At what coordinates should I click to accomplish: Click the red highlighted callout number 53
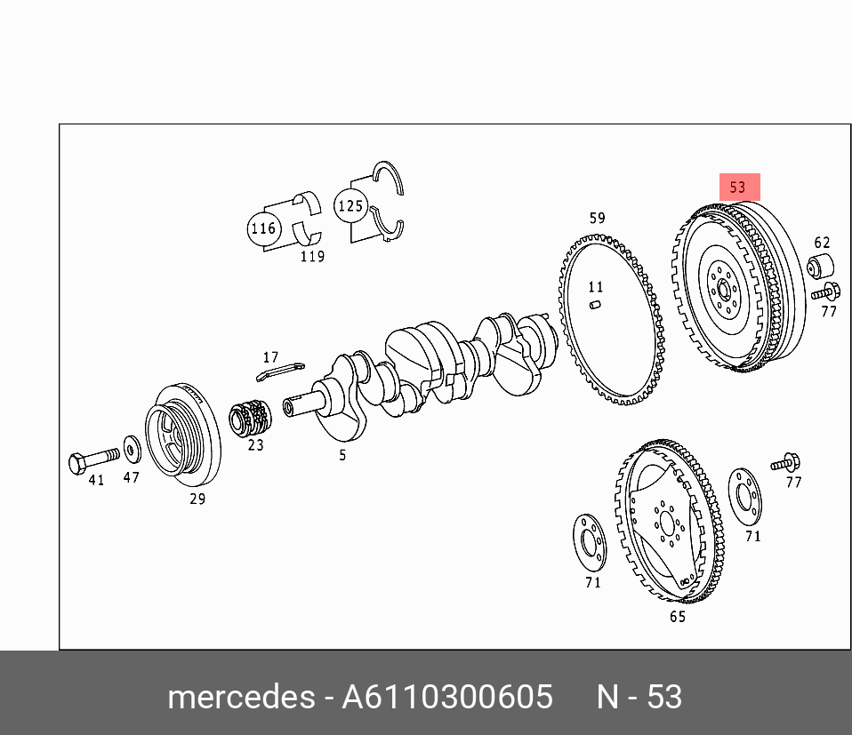click(739, 188)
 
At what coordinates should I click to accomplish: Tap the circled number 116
click(263, 228)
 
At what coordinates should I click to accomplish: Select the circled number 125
click(350, 205)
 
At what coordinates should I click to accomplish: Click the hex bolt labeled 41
click(93, 459)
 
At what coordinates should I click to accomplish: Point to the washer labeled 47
click(132, 449)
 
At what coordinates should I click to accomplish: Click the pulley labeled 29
click(182, 435)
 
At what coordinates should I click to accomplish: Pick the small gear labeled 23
click(249, 417)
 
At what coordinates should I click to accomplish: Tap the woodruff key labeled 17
click(280, 371)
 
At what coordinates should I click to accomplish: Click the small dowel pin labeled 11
click(595, 305)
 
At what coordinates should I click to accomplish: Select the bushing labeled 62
click(820, 266)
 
